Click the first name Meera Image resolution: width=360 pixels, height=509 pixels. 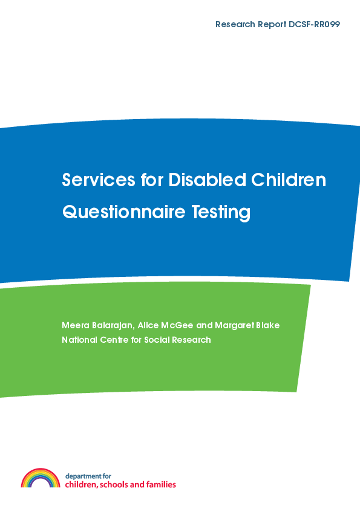pyautogui.click(x=76, y=326)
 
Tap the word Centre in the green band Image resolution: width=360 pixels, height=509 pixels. pyautogui.click(x=119, y=340)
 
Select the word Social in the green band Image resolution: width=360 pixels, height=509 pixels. pyautogui.click(x=162, y=340)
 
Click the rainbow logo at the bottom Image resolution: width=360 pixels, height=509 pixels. pyautogui.click(x=41, y=478)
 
